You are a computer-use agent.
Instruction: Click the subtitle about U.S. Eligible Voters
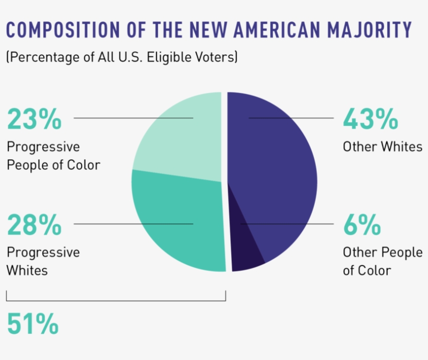point(122,57)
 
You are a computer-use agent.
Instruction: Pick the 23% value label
point(34,119)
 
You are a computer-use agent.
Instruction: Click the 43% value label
point(370,119)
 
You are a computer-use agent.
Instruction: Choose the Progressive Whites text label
point(43,261)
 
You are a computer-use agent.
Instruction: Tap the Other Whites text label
point(382,147)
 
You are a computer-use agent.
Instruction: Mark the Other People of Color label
point(382,261)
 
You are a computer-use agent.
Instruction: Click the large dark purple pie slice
point(277,167)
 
